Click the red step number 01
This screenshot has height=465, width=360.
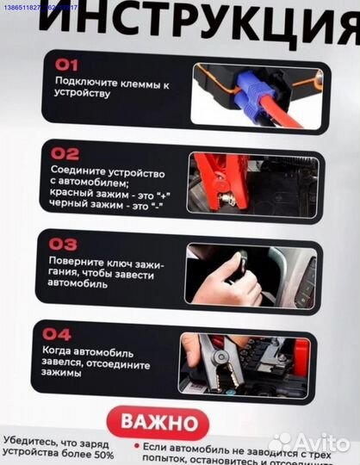(x=66, y=65)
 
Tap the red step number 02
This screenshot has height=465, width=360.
(x=65, y=154)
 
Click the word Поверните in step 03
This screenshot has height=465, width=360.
(x=75, y=262)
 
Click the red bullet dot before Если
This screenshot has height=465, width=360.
(x=136, y=448)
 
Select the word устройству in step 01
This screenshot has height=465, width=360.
(x=83, y=93)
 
